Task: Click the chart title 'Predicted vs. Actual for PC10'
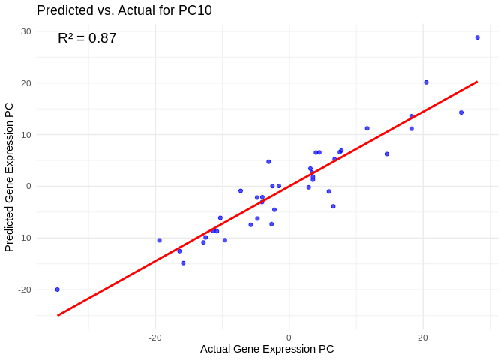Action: pos(124,10)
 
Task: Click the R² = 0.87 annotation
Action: pos(87,38)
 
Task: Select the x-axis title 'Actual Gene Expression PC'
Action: pos(267,349)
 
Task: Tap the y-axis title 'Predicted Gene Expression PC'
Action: pos(10,176)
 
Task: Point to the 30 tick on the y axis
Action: pos(26,31)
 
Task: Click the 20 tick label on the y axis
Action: pos(26,83)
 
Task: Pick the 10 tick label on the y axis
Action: pos(26,135)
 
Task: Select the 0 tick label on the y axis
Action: pos(28,186)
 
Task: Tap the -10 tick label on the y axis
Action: pos(25,238)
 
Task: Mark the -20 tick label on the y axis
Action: pos(25,289)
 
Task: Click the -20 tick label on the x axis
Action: pos(154,337)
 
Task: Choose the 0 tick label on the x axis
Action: pos(289,337)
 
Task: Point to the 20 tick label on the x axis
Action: pos(423,337)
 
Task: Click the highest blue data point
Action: pos(477,37)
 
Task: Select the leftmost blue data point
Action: pos(57,289)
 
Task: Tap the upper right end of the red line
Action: pos(477,82)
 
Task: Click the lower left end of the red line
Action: pos(58,315)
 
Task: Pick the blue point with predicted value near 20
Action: pos(426,82)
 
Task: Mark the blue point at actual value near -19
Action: pos(159,241)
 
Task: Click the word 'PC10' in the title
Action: pos(194,10)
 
